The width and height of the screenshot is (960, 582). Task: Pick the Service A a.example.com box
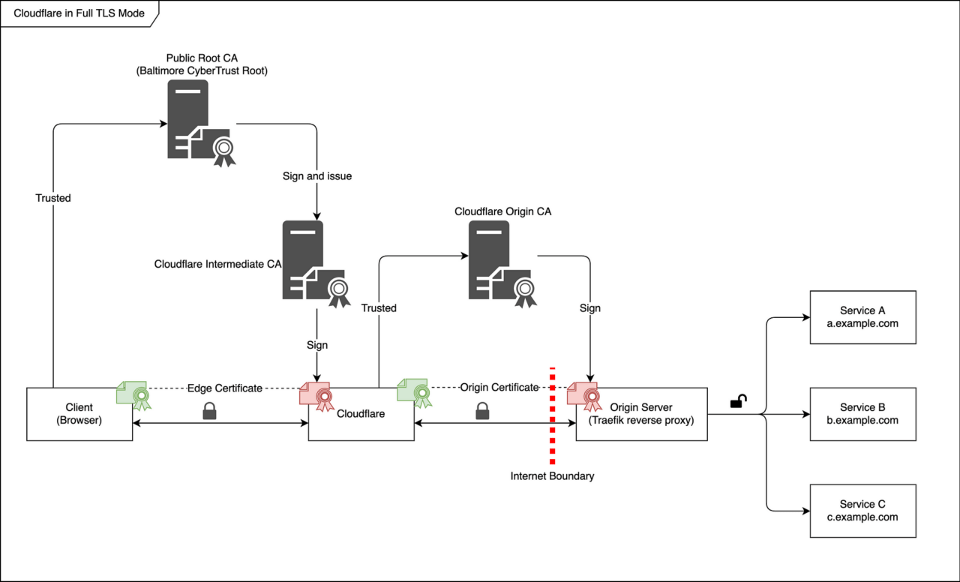pos(862,317)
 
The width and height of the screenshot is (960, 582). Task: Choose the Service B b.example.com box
pos(862,414)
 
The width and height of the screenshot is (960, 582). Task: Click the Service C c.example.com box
pos(862,511)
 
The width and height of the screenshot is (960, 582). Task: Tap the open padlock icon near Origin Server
pos(738,402)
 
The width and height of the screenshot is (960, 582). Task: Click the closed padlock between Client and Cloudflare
pos(209,410)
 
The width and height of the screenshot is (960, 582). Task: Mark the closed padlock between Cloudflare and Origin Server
pos(482,410)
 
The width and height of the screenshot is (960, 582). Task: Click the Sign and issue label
pos(316,176)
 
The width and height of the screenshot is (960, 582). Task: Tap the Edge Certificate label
pos(224,388)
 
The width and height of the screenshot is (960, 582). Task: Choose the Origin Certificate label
pos(499,388)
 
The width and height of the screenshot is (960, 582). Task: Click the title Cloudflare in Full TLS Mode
pos(79,13)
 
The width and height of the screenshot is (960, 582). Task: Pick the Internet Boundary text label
pos(552,476)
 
